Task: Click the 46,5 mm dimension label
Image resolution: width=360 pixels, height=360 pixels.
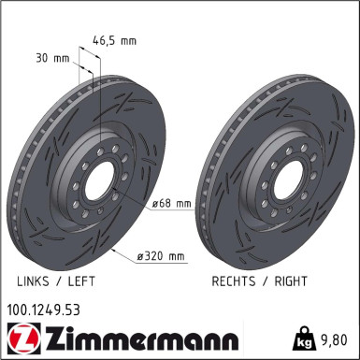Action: (x=115, y=40)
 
